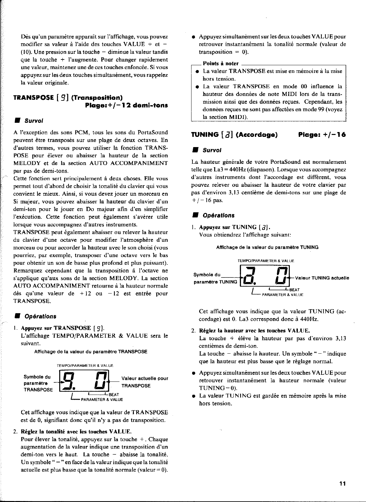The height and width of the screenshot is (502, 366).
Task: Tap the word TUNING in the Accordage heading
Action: [x=204, y=135]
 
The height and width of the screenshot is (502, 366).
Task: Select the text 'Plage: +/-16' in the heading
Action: [x=322, y=135]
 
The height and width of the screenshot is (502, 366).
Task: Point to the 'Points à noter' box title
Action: [x=221, y=64]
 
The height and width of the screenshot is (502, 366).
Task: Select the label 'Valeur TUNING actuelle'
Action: [x=322, y=278]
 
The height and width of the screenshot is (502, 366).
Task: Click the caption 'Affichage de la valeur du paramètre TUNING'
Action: [x=267, y=247]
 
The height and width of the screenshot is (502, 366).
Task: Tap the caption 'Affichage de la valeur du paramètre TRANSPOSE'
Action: [x=91, y=352]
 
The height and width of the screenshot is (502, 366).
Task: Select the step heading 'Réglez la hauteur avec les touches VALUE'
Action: [x=255, y=331]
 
